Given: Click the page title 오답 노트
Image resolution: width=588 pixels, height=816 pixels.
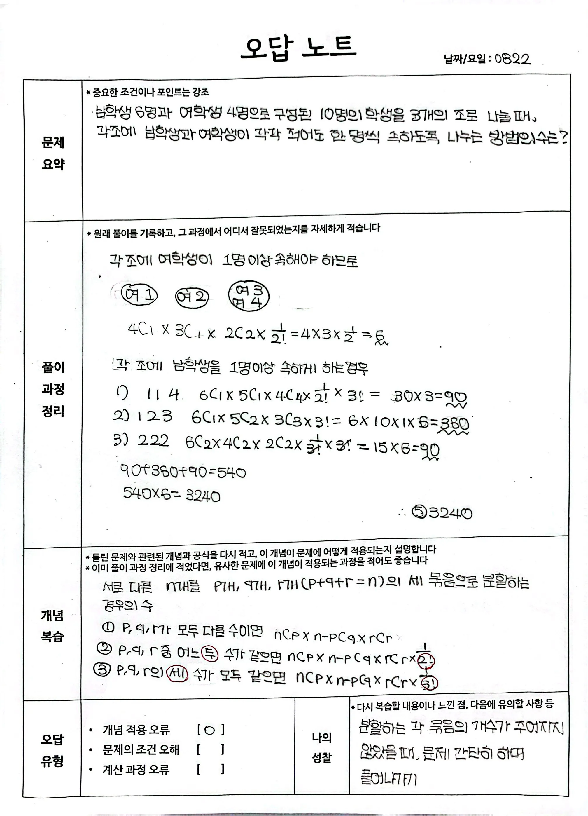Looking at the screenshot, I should (x=298, y=48).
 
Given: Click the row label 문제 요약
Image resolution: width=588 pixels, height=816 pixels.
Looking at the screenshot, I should (x=53, y=153).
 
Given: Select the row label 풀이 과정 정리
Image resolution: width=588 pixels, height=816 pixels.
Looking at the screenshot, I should (x=53, y=389).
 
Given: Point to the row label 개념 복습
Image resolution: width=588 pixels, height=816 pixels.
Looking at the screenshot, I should (x=52, y=626).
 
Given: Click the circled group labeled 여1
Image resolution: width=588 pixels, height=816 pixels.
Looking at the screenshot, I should (x=139, y=296).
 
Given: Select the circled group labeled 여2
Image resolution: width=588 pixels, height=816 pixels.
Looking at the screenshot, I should (x=192, y=297).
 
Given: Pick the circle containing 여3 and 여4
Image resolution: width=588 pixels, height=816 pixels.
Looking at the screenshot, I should (x=249, y=296).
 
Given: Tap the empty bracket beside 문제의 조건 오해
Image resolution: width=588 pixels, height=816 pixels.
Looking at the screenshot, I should (x=210, y=750).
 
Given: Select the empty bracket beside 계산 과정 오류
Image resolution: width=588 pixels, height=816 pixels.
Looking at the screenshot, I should (x=210, y=770).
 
